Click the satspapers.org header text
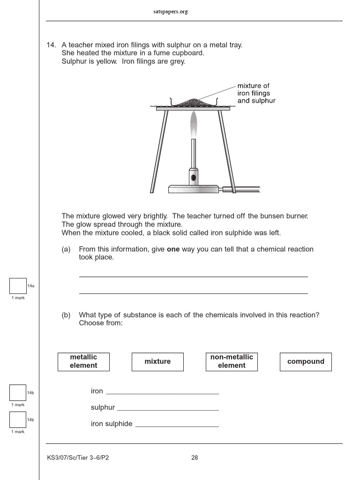tap(170, 12)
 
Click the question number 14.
tap(51, 45)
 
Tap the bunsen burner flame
tap(193, 123)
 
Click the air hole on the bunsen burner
tap(193, 178)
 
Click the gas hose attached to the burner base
tap(241, 189)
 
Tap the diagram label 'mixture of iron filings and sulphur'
tap(256, 93)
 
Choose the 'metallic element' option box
tap(83, 361)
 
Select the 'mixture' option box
tap(157, 361)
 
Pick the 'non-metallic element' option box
tap(232, 361)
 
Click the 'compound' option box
tap(306, 361)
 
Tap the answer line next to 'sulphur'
tap(168, 409)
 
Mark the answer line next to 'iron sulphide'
tap(177, 426)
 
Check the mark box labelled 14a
tap(18, 286)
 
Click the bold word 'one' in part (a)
tap(173, 249)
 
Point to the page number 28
tap(195, 458)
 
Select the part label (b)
tap(66, 315)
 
